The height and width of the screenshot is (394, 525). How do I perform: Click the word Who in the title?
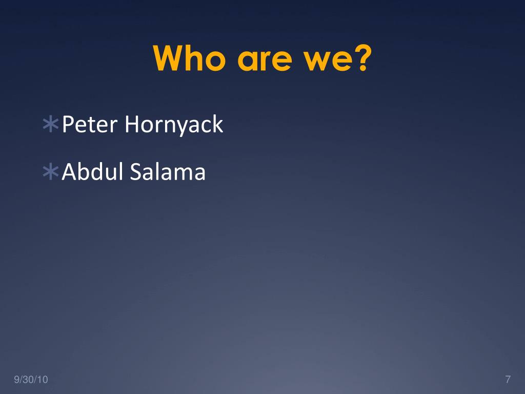(189, 58)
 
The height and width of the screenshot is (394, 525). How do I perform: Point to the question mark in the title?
(364, 57)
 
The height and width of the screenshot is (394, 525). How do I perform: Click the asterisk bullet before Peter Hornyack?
(51, 124)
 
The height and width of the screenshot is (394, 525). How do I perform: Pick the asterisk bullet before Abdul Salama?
(51, 171)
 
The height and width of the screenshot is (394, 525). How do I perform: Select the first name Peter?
(90, 124)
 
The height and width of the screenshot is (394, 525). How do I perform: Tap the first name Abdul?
(92, 171)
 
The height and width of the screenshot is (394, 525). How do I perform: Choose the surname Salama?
(168, 171)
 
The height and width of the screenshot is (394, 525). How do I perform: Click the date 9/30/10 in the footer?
(31, 380)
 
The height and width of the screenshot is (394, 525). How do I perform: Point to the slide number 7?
(508, 379)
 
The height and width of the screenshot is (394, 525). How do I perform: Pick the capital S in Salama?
(136, 171)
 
